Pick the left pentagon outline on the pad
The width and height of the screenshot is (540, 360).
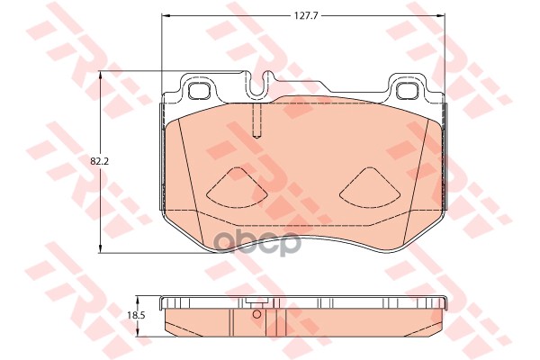[x=236, y=185]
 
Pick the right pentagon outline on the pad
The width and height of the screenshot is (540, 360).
[x=371, y=185]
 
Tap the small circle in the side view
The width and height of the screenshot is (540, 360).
[x=256, y=314]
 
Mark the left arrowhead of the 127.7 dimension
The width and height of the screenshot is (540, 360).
[x=164, y=15]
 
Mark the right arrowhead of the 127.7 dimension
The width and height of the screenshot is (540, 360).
[x=442, y=15]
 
